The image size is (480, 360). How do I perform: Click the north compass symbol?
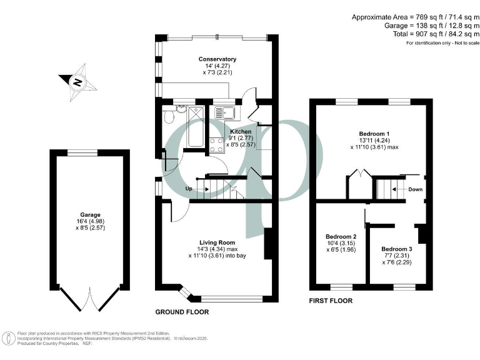(x=76, y=81)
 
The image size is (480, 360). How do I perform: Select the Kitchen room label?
(x=241, y=132)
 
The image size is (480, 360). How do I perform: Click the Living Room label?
(x=217, y=242)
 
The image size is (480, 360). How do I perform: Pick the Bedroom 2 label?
(x=341, y=237)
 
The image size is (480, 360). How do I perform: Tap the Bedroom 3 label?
(x=396, y=249)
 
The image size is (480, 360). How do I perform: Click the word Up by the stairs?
(x=189, y=189)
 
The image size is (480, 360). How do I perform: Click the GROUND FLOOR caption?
(x=182, y=312)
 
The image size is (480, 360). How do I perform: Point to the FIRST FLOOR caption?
(x=331, y=301)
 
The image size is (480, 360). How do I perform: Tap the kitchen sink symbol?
(x=224, y=113)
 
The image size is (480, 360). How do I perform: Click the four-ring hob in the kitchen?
(x=216, y=144)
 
